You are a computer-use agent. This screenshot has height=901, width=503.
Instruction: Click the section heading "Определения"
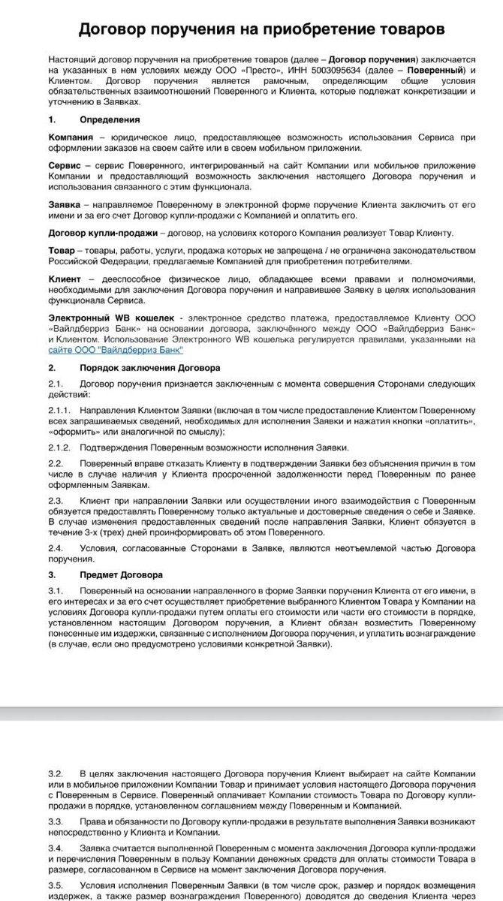110,119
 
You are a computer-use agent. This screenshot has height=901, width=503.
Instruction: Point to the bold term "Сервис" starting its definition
65,164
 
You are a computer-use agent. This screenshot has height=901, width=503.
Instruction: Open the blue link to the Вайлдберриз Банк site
116,350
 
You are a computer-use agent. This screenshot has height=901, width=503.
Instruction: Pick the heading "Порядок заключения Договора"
150,368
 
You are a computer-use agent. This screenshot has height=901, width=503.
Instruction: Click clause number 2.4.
55,549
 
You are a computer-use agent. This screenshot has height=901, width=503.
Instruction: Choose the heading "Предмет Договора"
121,575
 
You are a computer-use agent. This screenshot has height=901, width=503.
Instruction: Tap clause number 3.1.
55,592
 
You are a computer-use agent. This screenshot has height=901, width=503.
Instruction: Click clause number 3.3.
55,822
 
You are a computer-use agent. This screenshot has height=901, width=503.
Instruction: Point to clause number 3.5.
55,884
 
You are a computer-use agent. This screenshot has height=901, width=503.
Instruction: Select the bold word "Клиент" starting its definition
65,279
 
